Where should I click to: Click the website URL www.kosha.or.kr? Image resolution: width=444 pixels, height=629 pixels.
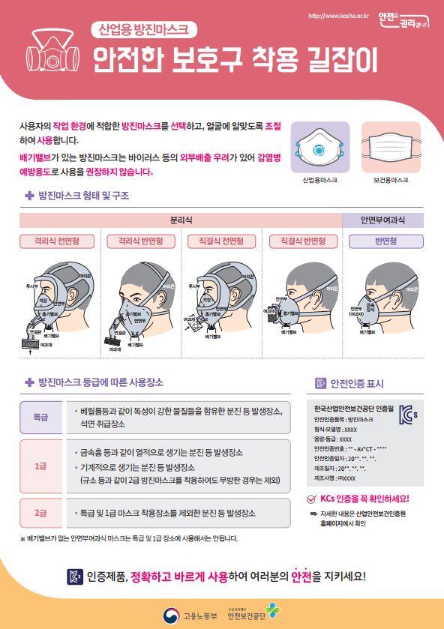coord(338,16)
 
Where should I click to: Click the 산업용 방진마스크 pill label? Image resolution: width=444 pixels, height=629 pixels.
coord(143,30)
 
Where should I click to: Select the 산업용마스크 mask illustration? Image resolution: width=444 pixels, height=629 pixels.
coord(319,146)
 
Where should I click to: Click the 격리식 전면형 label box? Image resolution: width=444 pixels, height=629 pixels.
coord(52,241)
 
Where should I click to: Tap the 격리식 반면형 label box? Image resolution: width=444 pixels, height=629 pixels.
coord(136,241)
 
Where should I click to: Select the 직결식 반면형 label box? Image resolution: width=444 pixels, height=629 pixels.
coord(303,241)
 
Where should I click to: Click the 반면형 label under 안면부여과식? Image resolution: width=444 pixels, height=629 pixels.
coord(382,241)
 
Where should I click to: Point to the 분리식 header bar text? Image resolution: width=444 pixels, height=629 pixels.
coord(181,220)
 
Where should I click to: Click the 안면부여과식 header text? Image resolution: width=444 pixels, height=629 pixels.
coord(382,220)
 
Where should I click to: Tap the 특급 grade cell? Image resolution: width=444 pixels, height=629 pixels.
coord(40,416)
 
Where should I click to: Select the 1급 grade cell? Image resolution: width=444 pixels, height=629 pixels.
coord(40,466)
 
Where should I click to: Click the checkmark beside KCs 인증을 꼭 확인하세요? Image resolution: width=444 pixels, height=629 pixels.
coord(312,499)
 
